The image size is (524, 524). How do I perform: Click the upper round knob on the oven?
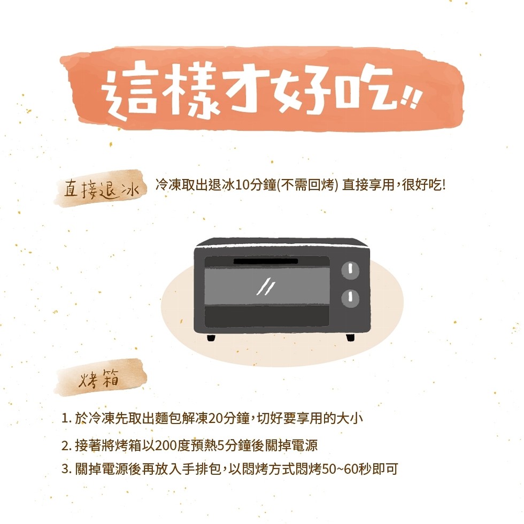(x=350, y=270)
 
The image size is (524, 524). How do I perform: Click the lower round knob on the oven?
(x=350, y=298)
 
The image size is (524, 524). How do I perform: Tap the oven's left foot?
(x=211, y=337)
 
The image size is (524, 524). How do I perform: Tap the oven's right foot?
(x=350, y=337)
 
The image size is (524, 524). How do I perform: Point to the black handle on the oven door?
(x=266, y=261)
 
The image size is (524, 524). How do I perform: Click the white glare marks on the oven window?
(x=266, y=286)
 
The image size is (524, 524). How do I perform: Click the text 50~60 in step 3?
(x=340, y=469)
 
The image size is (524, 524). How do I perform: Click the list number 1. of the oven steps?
(x=66, y=418)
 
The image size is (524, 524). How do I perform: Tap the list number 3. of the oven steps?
(x=66, y=469)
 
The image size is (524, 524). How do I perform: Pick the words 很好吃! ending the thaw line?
(x=423, y=185)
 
